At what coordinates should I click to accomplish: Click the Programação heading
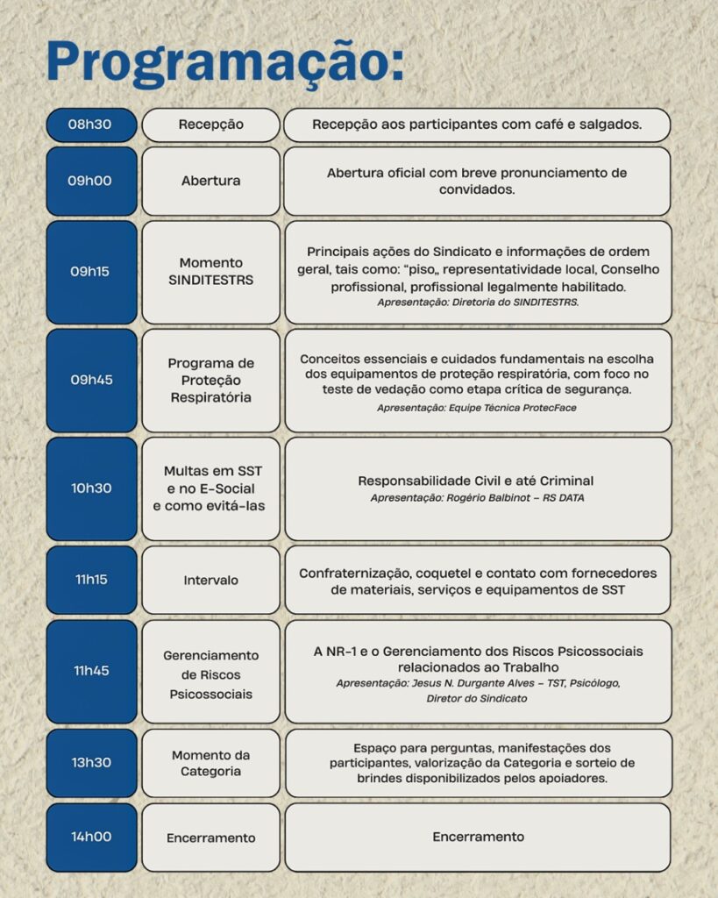224,61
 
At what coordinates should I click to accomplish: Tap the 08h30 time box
91,125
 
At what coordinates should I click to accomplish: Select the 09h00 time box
91,181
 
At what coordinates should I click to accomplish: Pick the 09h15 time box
91,272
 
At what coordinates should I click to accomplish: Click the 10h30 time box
91,488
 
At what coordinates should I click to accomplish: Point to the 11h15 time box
91,580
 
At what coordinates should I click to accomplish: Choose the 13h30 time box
91,762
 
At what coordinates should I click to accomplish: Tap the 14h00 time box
91,837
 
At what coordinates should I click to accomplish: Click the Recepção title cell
210,125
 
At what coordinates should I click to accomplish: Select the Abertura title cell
210,181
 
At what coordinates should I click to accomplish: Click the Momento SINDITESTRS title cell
210,272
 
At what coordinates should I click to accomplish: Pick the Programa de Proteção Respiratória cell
210,380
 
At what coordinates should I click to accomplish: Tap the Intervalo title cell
210,580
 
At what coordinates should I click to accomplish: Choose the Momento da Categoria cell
210,763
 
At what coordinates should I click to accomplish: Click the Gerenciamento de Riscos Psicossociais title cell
210,674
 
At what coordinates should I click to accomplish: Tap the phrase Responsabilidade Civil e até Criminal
476,481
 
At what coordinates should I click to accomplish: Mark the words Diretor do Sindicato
477,698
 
